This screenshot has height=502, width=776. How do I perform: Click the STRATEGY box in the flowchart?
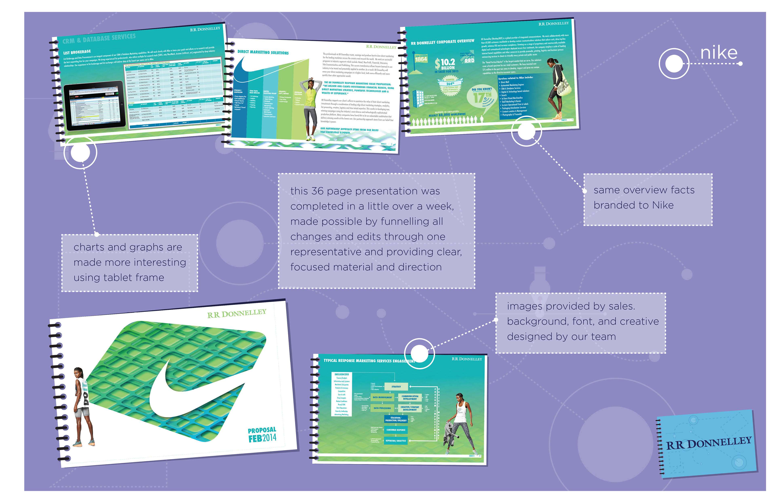[396, 387]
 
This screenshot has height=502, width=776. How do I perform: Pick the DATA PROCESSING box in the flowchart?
[382, 408]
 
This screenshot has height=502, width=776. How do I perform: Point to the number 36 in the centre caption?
[317, 191]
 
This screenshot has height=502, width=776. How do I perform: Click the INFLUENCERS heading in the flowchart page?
[342, 374]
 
